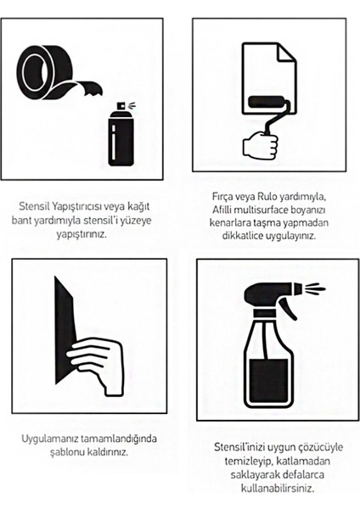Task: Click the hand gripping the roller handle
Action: [261, 144]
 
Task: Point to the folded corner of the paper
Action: [287, 52]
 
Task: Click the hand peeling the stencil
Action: [97, 364]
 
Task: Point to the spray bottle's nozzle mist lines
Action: [314, 288]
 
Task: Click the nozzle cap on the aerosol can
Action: [121, 106]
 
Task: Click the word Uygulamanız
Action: [50, 439]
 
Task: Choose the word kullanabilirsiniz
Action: [278, 488]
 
